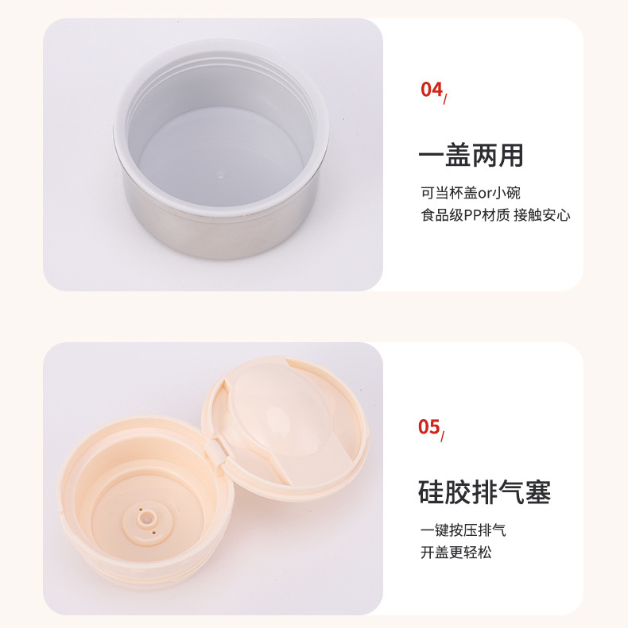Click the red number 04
pos(430,89)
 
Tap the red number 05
pos(428,427)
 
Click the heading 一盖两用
pos(471,156)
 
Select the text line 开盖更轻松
pos(455,552)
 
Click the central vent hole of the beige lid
pos(146,518)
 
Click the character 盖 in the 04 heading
pos(457,156)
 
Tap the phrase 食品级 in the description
pos(444,214)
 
